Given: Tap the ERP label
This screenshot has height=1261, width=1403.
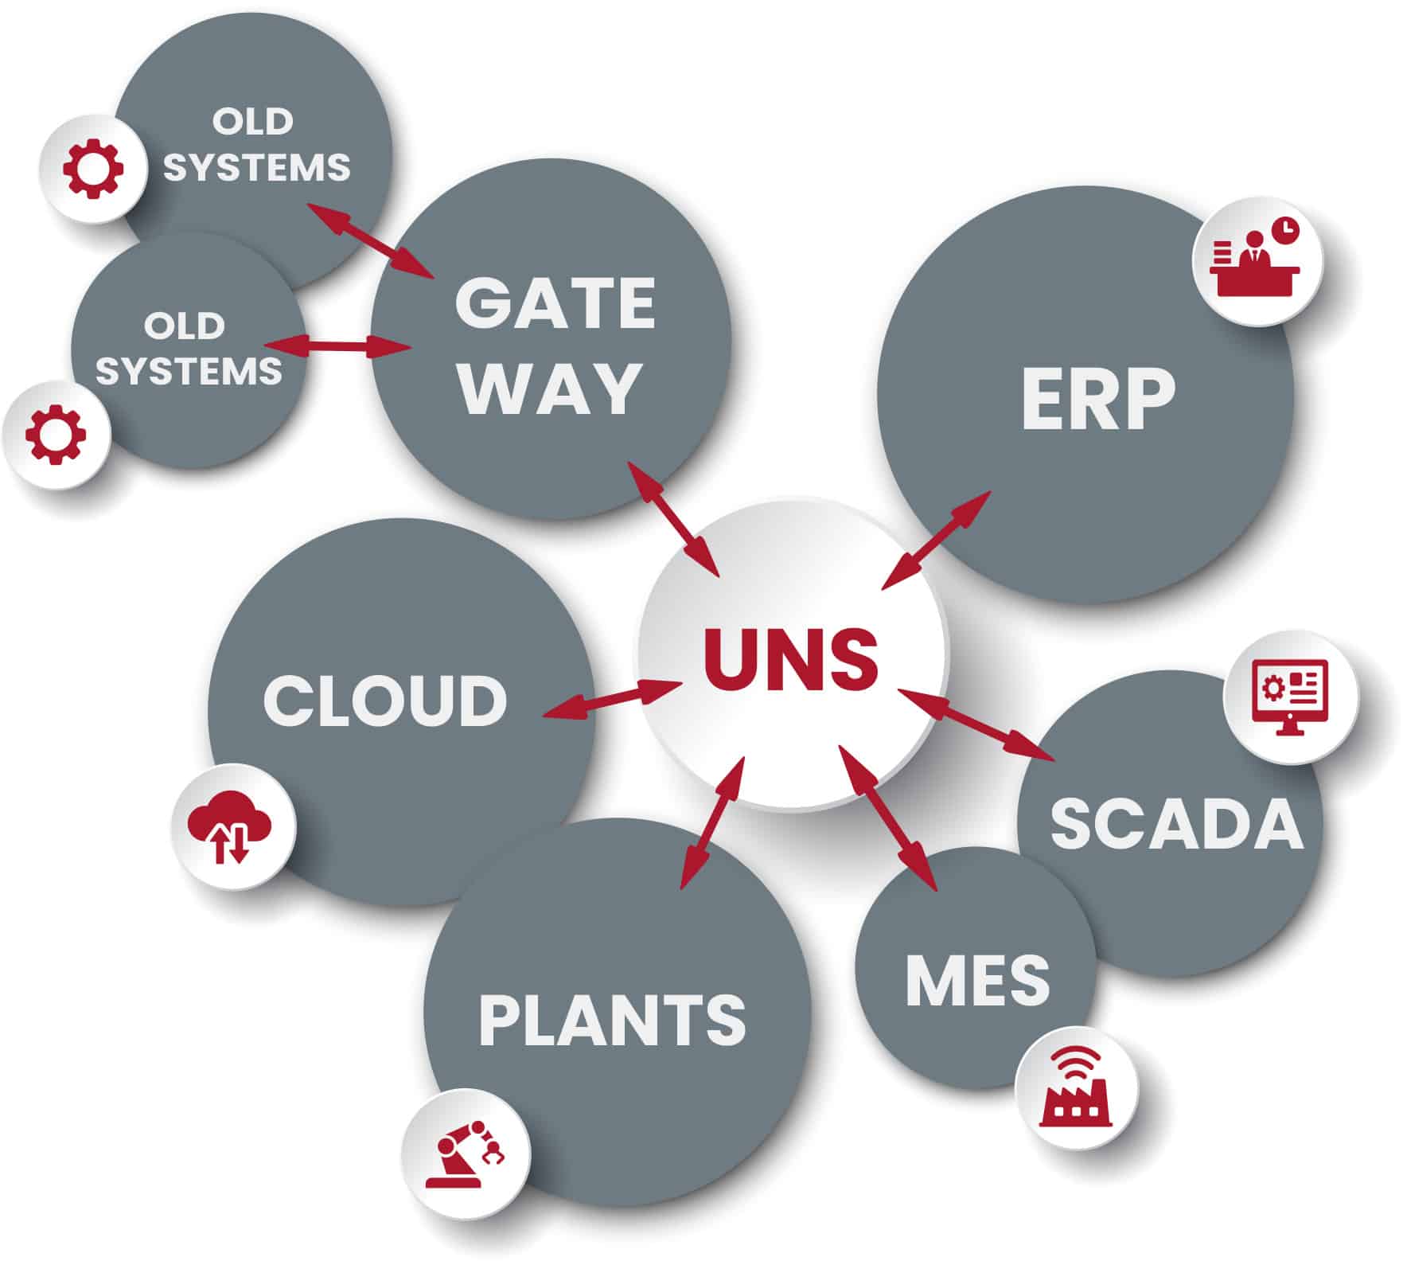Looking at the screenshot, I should pyautogui.click(x=1098, y=400).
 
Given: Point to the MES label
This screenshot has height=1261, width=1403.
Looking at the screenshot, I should pyautogui.click(x=978, y=980).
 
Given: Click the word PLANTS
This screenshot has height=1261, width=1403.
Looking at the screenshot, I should pyautogui.click(x=612, y=1021).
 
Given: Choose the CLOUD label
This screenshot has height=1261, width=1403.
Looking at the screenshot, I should pyautogui.click(x=385, y=701).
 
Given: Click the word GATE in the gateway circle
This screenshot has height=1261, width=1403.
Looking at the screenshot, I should pyautogui.click(x=555, y=304).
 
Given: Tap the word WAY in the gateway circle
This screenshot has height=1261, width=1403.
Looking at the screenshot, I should pyautogui.click(x=551, y=388).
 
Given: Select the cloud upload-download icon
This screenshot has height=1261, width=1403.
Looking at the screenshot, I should pyautogui.click(x=232, y=827).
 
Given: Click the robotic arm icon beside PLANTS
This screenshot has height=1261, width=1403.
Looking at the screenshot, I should pyautogui.click(x=465, y=1154).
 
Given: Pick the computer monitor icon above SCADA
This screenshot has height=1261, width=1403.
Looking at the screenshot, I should pyautogui.click(x=1289, y=697).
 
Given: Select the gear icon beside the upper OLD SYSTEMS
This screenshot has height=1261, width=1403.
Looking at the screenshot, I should pyautogui.click(x=93, y=168).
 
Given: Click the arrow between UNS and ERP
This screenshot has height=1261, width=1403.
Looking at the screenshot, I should pyautogui.click(x=937, y=541).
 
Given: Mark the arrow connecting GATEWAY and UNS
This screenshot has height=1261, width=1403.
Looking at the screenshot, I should pyautogui.click(x=673, y=519).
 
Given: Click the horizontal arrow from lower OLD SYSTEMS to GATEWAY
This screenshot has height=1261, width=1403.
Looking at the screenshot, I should pyautogui.click(x=337, y=346).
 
